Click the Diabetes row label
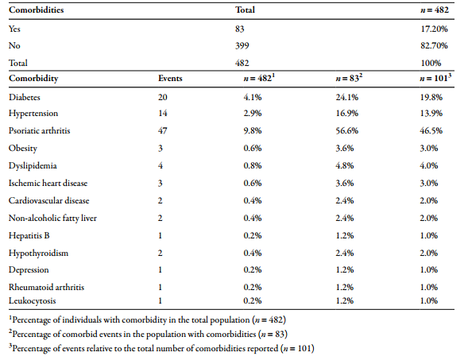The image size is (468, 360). click(24, 97)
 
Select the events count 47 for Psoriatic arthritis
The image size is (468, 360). click(163, 130)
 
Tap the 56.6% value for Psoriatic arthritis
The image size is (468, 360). click(346, 130)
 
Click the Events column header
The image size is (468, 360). click(170, 78)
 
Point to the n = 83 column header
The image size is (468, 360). click(349, 78)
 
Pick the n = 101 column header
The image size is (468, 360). click(435, 78)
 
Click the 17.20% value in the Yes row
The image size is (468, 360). click(435, 29)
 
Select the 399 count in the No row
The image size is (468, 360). click(242, 45)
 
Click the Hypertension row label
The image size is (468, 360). click(33, 114)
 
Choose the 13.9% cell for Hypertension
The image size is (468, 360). click(431, 113)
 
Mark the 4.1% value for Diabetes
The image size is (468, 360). click(253, 97)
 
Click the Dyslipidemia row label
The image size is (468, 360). click(33, 166)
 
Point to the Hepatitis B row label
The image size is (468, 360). click(29, 235)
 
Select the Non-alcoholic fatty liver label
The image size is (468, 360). click(52, 219)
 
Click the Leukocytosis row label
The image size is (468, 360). click(33, 301)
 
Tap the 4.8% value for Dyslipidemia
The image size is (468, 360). click(345, 165)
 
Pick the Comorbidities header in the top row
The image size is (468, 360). click(36, 10)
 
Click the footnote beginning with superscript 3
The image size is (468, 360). click(161, 349)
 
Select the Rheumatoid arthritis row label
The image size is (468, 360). click(46, 287)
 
